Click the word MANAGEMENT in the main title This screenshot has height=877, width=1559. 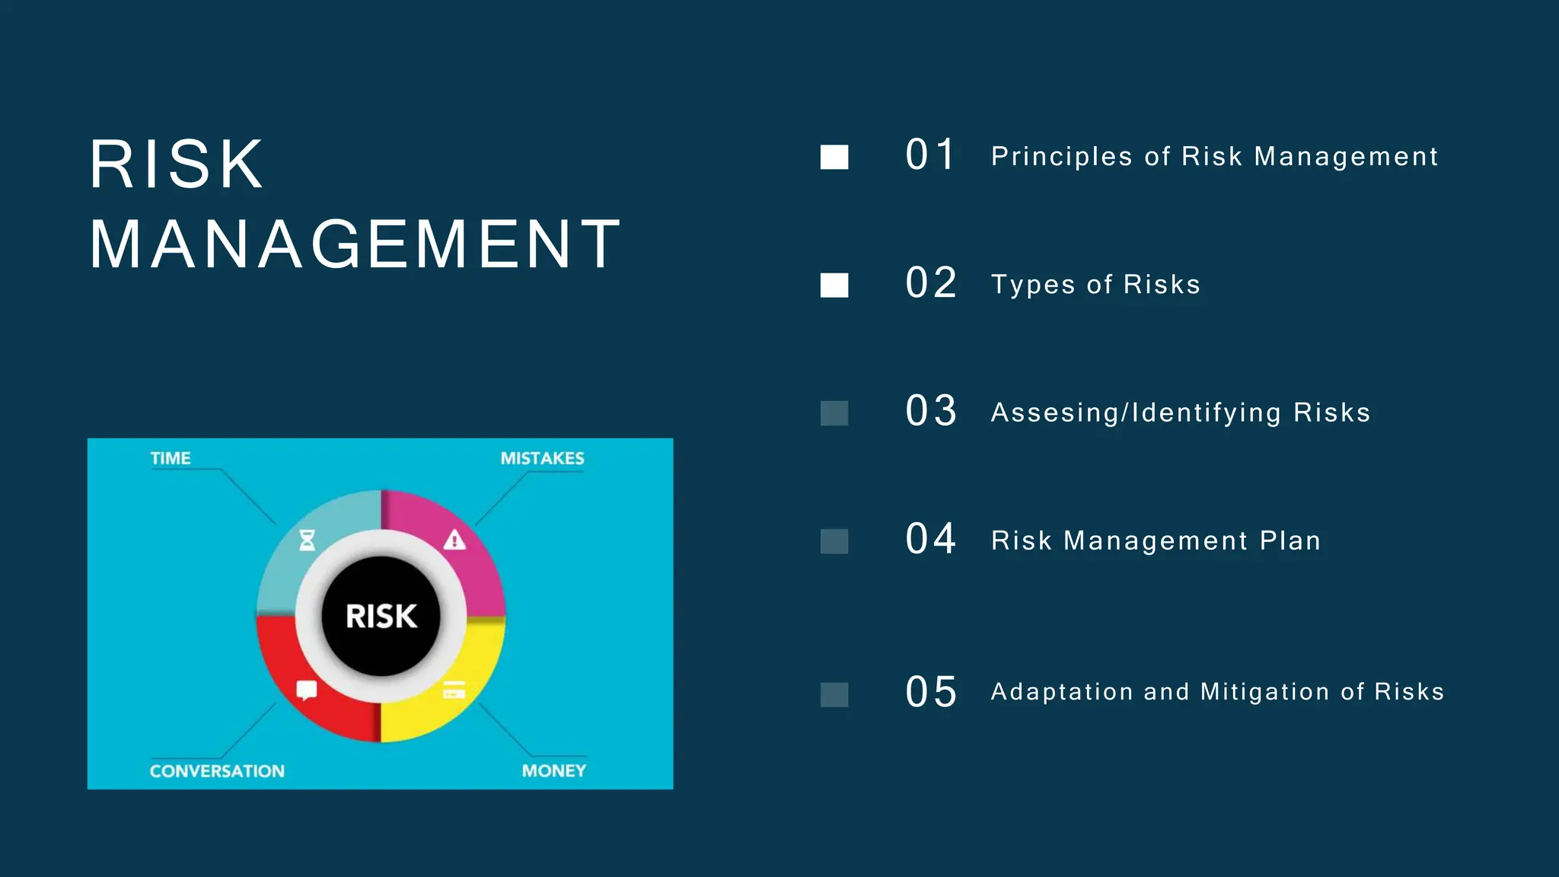tap(355, 244)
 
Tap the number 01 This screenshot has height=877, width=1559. tap(930, 155)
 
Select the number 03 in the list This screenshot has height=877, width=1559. tap(930, 411)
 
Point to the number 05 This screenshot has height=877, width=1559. tap(930, 692)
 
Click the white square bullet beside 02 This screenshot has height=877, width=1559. tap(834, 285)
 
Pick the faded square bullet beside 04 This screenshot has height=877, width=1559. tap(834, 541)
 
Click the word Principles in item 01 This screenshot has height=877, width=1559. tap(1061, 157)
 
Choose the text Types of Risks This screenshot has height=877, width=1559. tap(1095, 285)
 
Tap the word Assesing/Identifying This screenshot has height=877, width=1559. tap(1136, 413)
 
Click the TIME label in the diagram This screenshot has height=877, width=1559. tap(171, 458)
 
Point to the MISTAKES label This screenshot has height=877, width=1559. tap(542, 458)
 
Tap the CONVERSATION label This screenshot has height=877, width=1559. tap(217, 771)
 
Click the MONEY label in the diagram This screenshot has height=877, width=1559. tap(553, 771)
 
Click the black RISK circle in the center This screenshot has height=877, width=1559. tap(381, 616)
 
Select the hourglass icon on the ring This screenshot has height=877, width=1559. tap(307, 540)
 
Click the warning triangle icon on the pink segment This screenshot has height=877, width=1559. tap(454, 540)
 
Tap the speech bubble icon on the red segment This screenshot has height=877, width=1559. tap(306, 690)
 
